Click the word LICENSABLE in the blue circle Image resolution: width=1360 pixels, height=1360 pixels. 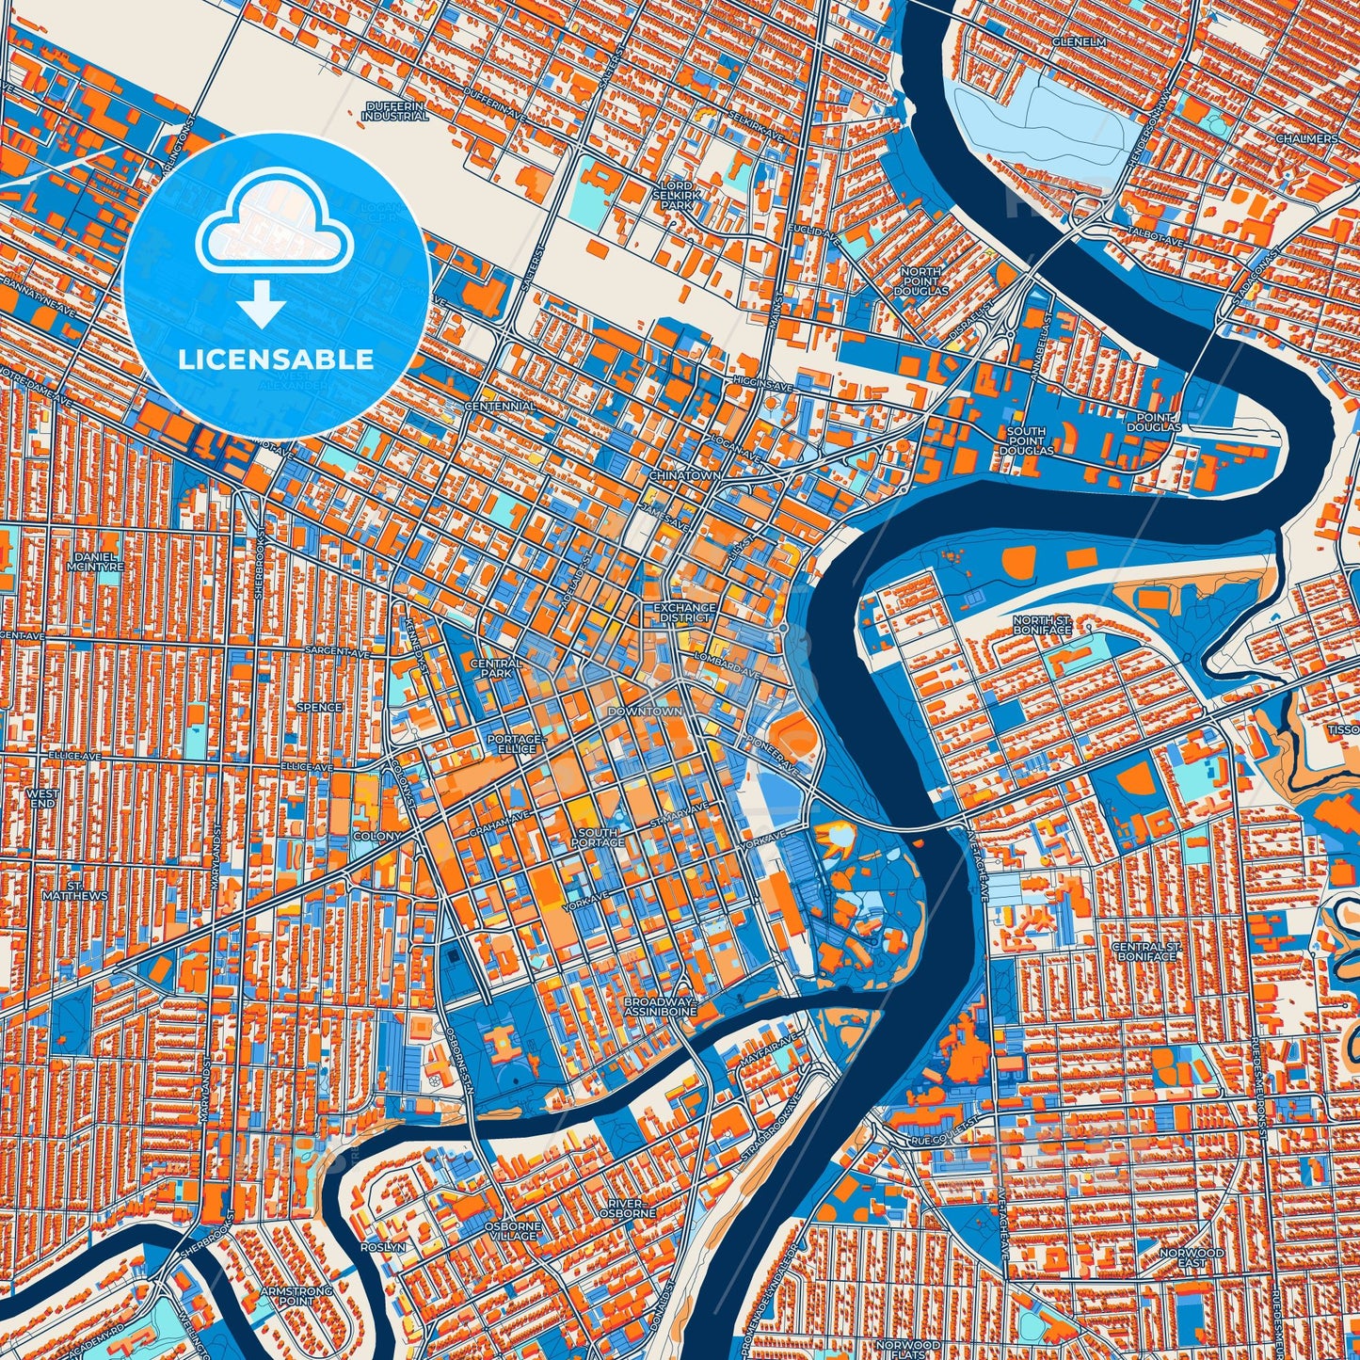click(x=276, y=360)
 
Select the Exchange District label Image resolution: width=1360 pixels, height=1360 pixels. click(x=685, y=613)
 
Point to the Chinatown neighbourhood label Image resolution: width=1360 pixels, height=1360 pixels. click(x=685, y=476)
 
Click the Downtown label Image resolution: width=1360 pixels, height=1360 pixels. click(x=645, y=712)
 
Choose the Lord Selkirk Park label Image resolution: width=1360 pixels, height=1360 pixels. click(x=677, y=195)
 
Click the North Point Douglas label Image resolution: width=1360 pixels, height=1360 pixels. click(x=922, y=281)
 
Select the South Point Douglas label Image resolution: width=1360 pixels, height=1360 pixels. click(x=1026, y=440)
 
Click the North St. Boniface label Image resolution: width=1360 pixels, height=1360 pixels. click(x=1042, y=624)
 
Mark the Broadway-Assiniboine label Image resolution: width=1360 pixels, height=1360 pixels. click(x=660, y=1008)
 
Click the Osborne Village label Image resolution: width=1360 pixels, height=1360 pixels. click(x=513, y=1232)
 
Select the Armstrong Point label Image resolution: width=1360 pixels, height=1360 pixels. click(x=296, y=1297)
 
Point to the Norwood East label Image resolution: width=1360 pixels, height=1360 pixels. click(x=1192, y=1257)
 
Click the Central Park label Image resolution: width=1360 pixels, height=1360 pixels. click(x=496, y=668)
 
